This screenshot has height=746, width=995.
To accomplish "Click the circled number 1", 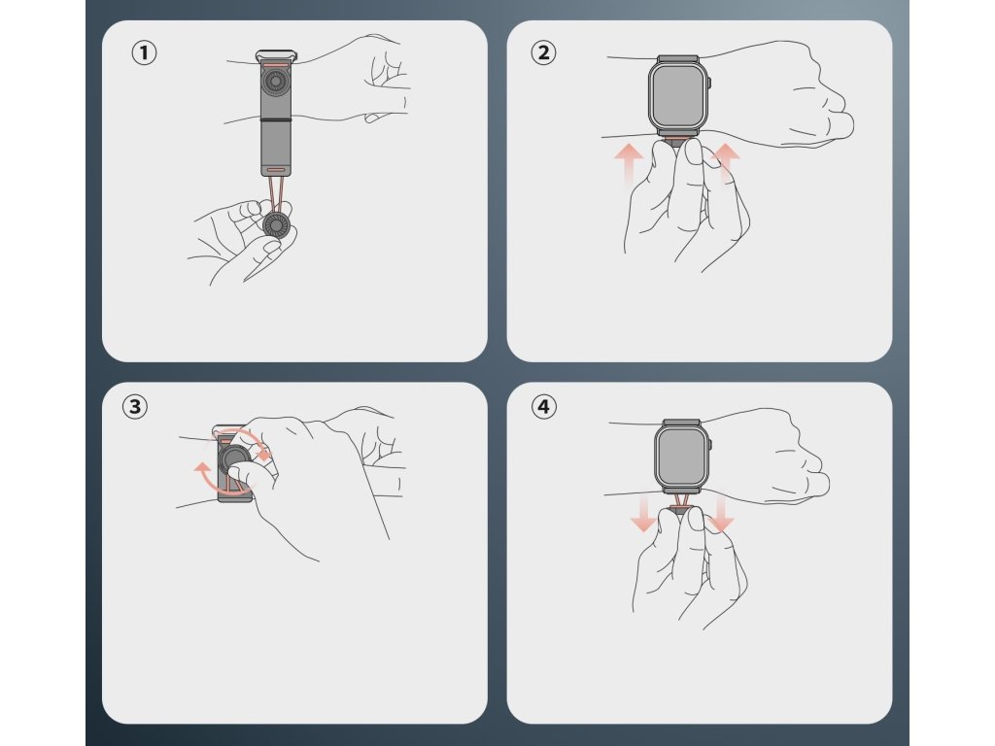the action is point(144,52).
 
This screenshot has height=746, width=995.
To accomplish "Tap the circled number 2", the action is point(543,52).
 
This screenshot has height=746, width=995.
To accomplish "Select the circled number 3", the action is point(134,406).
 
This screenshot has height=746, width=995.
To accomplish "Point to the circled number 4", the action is point(543,406).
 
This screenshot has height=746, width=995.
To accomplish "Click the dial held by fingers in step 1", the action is point(277,224).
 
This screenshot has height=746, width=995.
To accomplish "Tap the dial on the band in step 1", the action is point(276,82).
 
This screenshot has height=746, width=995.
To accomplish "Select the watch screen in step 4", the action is point(682,455).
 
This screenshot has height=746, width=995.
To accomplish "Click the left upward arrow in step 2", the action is point(629,163).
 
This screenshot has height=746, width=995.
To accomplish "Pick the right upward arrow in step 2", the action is point(726,163).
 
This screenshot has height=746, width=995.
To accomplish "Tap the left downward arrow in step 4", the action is point(643,513).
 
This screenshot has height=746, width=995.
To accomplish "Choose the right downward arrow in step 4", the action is point(721,513).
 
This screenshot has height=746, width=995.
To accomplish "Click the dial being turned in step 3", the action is point(235,458).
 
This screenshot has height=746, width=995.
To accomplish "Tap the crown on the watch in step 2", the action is point(710,84).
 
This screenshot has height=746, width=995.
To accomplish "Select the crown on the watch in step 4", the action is point(711,445).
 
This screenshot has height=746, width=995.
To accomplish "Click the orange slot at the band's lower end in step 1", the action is point(276,170).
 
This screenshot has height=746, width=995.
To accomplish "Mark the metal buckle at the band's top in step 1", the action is point(276,56).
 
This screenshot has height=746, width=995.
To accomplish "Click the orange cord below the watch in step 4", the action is point(681,501).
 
